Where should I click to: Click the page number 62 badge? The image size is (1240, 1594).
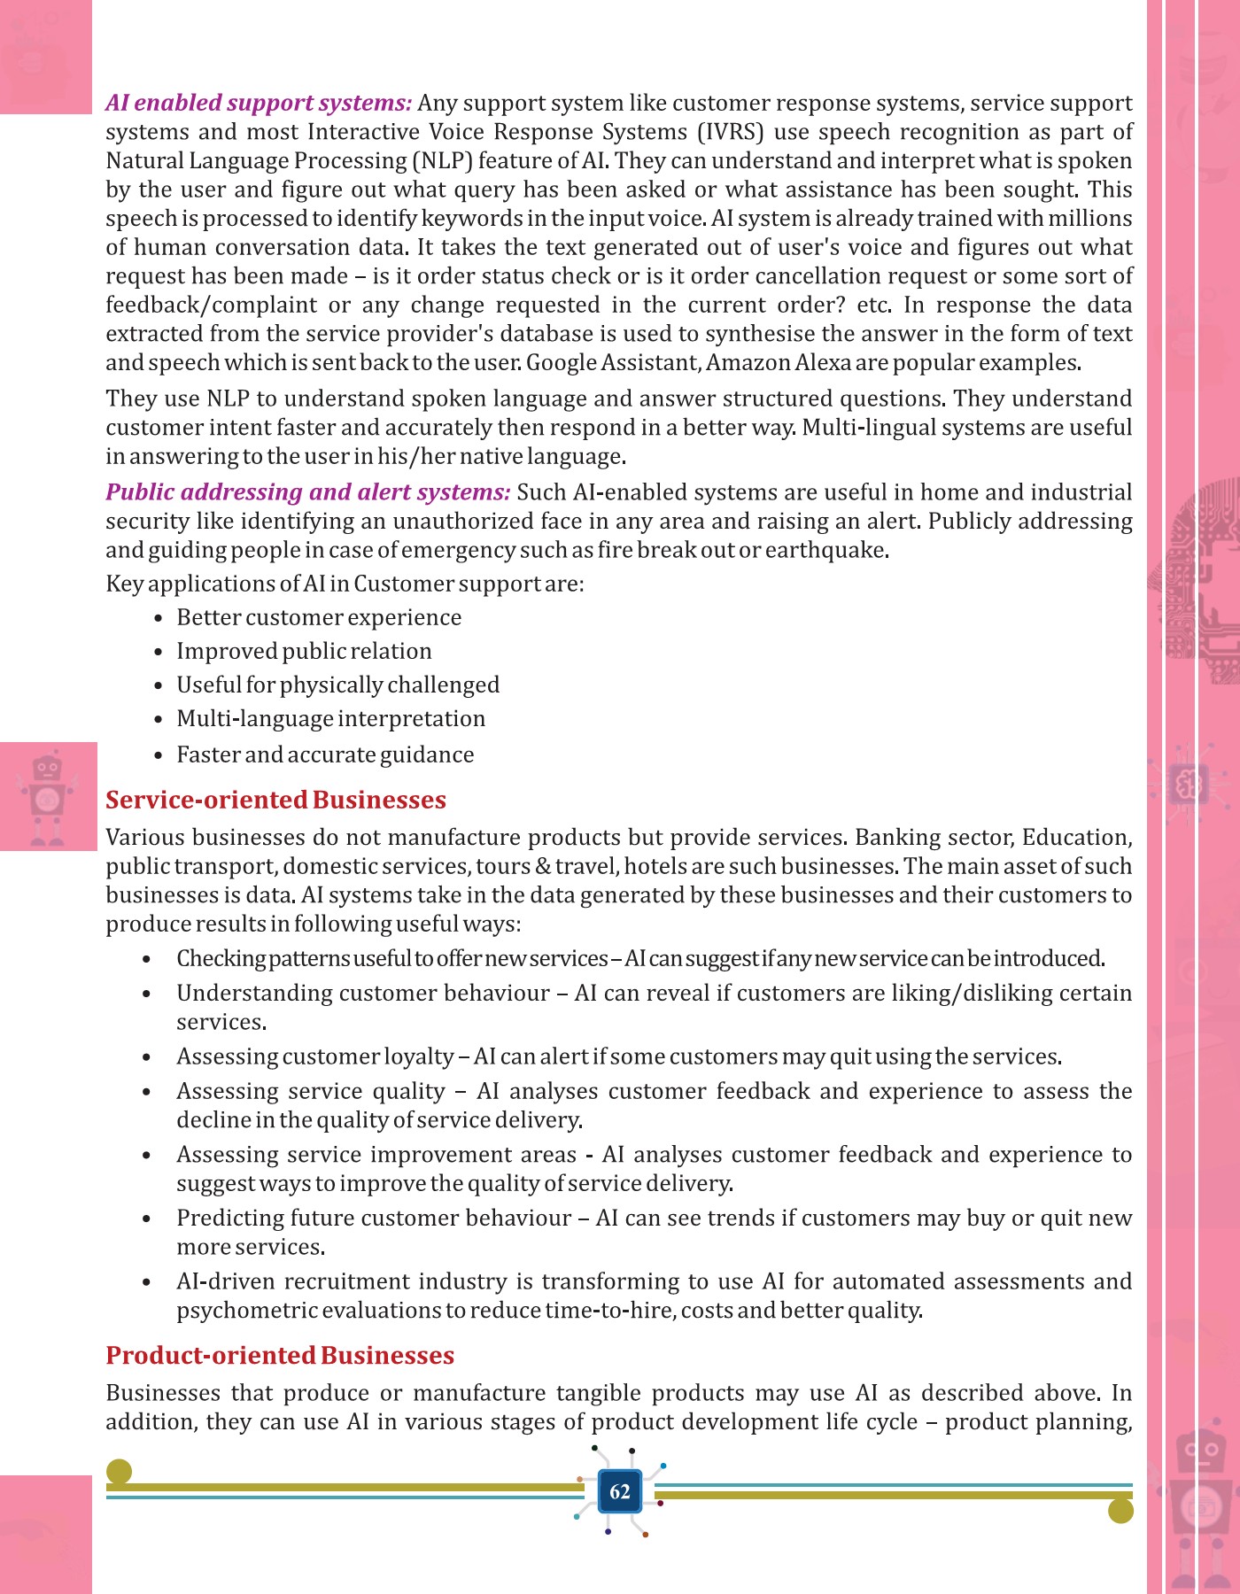[x=620, y=1491]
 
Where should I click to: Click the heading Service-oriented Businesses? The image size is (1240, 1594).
[x=275, y=800]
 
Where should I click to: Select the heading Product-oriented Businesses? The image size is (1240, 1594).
[x=280, y=1355]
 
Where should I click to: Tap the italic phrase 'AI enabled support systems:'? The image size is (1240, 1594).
[x=259, y=103]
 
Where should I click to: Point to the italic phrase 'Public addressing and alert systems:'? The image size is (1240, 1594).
[x=307, y=492]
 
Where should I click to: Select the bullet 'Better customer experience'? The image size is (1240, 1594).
[x=319, y=617]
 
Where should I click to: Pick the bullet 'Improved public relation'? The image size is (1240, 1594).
[x=304, y=651]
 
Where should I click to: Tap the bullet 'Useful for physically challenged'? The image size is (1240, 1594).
[x=337, y=685]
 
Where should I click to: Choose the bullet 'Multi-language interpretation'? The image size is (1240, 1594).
[x=330, y=718]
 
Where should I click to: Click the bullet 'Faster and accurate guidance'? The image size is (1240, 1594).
[x=325, y=754]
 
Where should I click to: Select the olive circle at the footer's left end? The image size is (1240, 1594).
[x=119, y=1472]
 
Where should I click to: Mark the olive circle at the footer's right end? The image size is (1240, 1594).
[x=1120, y=1511]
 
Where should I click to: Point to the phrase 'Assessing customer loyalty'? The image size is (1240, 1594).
[x=315, y=1056]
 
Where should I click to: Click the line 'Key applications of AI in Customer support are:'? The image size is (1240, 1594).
[x=345, y=584]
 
